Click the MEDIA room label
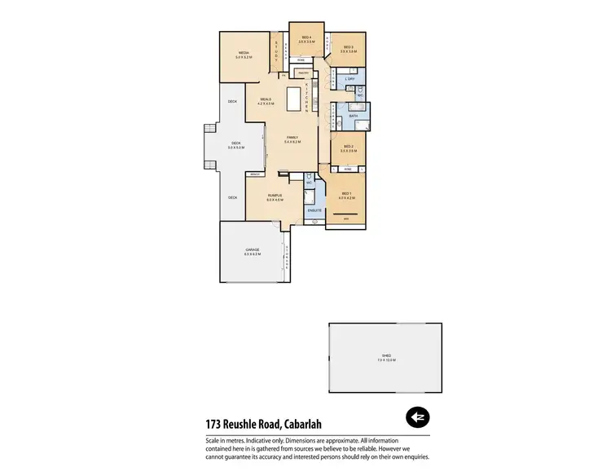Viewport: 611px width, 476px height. pyautogui.click(x=243, y=52)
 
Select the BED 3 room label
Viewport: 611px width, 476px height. pyautogui.click(x=348, y=47)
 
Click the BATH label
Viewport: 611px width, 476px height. pyautogui.click(x=354, y=117)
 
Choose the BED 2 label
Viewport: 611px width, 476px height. pyautogui.click(x=347, y=147)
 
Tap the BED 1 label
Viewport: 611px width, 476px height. pyautogui.click(x=345, y=193)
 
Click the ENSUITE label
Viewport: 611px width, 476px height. pyautogui.click(x=314, y=211)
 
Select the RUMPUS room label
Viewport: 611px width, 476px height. pyautogui.click(x=275, y=196)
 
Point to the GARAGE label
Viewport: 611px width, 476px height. pyautogui.click(x=252, y=250)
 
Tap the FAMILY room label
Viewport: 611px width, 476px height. pyautogui.click(x=292, y=137)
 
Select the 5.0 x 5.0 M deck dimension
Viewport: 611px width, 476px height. pyautogui.click(x=236, y=148)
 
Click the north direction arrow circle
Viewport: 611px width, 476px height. pyautogui.click(x=418, y=417)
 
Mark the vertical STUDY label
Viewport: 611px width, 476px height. pyautogui.click(x=277, y=51)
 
